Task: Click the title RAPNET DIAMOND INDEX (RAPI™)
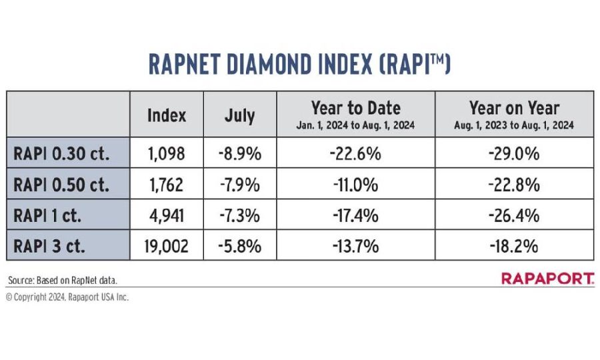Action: click(299, 65)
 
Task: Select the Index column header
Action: click(167, 115)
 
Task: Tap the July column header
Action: click(239, 115)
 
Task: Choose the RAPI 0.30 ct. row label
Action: click(62, 154)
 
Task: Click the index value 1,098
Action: click(167, 154)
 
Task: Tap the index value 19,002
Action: click(167, 246)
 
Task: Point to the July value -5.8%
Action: click(239, 246)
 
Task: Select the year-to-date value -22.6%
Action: click(355, 154)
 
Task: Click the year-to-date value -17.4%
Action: click(355, 215)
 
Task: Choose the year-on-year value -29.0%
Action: click(513, 154)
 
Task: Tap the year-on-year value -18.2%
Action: click(513, 246)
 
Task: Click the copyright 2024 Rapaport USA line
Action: click(67, 297)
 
